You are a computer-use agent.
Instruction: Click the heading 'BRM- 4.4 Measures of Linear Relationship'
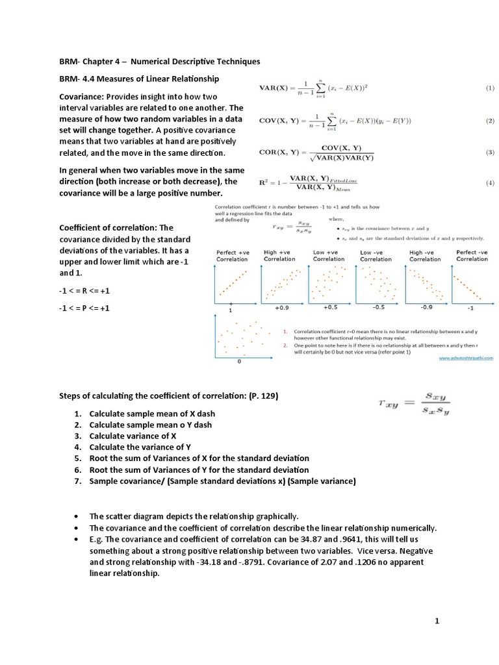(139, 79)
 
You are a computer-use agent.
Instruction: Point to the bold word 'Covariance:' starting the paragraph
(83, 96)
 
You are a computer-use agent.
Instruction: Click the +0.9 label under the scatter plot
(282, 307)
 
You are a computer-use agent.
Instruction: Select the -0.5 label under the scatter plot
(379, 307)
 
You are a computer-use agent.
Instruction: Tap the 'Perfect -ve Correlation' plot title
(472, 255)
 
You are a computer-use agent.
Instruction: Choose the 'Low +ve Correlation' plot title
(329, 255)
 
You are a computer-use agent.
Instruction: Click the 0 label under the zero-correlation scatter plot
(238, 361)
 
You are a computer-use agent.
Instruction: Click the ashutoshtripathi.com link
(466, 357)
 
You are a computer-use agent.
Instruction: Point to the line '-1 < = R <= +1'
(84, 292)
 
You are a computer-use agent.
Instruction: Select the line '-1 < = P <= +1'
(84, 308)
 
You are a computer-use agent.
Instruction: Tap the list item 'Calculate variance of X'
(133, 436)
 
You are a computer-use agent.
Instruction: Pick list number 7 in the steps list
(77, 481)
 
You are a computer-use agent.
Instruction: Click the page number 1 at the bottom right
(437, 621)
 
